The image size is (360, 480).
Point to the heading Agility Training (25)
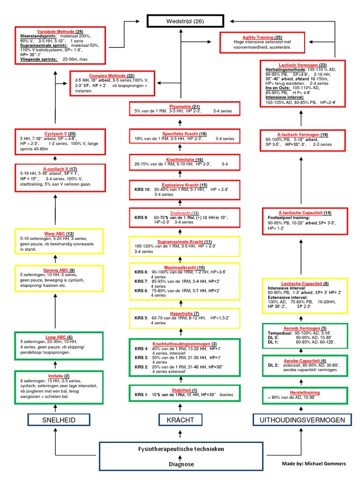click(x=262, y=37)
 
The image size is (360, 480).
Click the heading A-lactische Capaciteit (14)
click(x=305, y=212)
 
